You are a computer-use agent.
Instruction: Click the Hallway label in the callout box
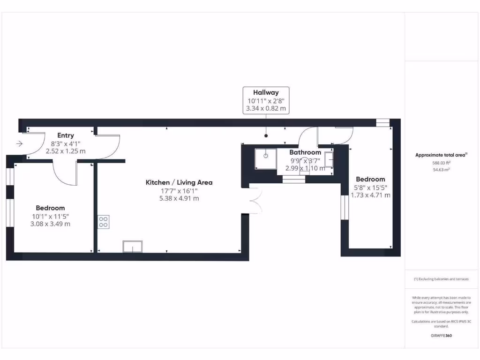pyautogui.click(x=266, y=92)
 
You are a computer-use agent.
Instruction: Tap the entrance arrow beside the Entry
pyautogui.click(x=19, y=144)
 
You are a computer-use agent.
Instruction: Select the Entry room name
pyautogui.click(x=66, y=135)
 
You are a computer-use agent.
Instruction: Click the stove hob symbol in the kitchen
pyautogui.click(x=104, y=222)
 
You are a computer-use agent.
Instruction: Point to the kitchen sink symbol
pyautogui.click(x=133, y=246)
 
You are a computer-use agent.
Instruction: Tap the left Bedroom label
pyautogui.click(x=50, y=208)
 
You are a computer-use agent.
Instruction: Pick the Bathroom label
pyautogui.click(x=305, y=152)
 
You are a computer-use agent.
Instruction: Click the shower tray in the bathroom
pyautogui.click(x=265, y=158)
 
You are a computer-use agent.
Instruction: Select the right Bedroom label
pyautogui.click(x=370, y=179)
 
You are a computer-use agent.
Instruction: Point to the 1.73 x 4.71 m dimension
pyautogui.click(x=370, y=195)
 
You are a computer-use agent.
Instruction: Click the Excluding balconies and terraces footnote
pyautogui.click(x=441, y=279)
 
